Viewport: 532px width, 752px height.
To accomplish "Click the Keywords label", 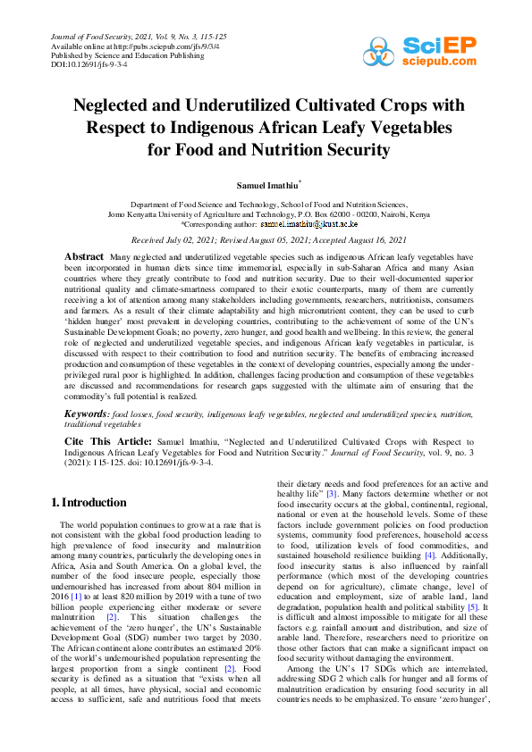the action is pos(87,414).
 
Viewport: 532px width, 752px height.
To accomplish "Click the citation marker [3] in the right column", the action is pos(331,493).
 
